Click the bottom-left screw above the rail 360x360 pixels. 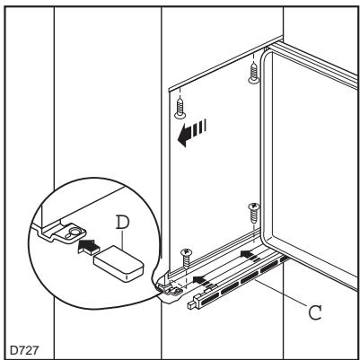[x=187, y=255]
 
